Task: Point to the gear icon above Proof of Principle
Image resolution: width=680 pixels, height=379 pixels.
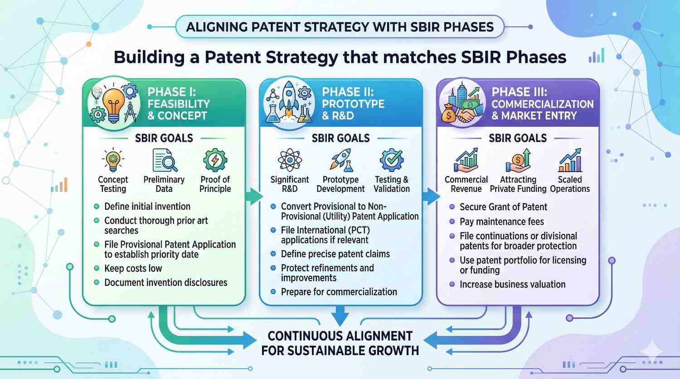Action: pyautogui.click(x=215, y=160)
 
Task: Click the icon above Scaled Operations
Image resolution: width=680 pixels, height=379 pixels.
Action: pyautogui.click(x=570, y=160)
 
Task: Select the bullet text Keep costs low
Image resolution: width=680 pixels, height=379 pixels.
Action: pyautogui.click(x=133, y=269)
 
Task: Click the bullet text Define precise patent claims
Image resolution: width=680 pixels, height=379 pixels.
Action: pyautogui.click(x=335, y=254)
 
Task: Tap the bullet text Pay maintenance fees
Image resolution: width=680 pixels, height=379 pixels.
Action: pyautogui.click(x=501, y=222)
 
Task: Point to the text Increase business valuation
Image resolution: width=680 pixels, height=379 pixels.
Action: pyautogui.click(x=512, y=284)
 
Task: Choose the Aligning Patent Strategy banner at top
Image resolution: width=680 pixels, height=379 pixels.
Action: pyautogui.click(x=340, y=27)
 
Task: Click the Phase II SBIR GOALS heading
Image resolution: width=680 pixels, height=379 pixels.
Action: pyautogui.click(x=340, y=138)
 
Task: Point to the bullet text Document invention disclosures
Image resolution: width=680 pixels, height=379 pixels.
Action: pyautogui.click(x=165, y=283)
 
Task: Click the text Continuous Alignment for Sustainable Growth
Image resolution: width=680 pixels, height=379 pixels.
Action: pyautogui.click(x=340, y=343)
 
